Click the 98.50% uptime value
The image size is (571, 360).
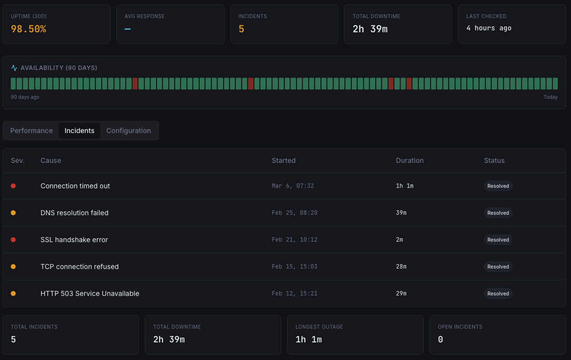(x=28, y=29)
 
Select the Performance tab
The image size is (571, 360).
(x=31, y=131)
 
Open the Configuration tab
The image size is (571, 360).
(x=129, y=131)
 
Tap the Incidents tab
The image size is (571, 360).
(x=79, y=131)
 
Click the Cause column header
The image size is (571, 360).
(x=51, y=160)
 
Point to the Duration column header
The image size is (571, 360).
(x=410, y=160)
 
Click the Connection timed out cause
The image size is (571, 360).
(x=75, y=186)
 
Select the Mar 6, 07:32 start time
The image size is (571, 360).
(x=293, y=186)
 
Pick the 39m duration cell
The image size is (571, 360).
(x=401, y=213)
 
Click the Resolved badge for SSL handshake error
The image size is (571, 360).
(x=498, y=240)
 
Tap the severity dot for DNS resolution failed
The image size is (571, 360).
(x=13, y=213)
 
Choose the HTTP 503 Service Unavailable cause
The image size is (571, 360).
(x=90, y=293)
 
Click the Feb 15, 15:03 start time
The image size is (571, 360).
(x=295, y=267)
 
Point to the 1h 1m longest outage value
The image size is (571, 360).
(x=309, y=339)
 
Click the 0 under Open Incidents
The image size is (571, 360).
(x=440, y=339)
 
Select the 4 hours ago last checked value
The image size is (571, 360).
(x=489, y=28)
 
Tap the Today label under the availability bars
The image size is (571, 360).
(x=550, y=97)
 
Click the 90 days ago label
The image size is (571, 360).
(x=25, y=97)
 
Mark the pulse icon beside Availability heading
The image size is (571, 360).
(x=14, y=68)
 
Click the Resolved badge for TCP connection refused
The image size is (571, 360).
(x=498, y=267)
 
